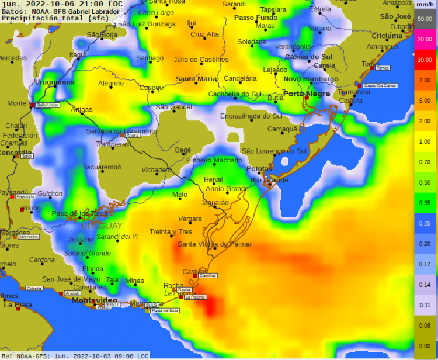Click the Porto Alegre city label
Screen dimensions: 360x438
click(x=306, y=94)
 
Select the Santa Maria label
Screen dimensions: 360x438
click(x=196, y=79)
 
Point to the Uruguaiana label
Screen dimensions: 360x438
click(x=55, y=82)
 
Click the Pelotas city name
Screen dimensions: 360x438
click(x=259, y=169)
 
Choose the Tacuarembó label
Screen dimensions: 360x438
click(x=102, y=167)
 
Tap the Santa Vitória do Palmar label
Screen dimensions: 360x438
click(x=215, y=244)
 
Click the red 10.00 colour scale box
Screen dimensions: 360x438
click(x=425, y=60)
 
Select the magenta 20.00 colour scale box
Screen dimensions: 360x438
click(x=425, y=39)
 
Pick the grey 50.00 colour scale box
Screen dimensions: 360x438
click(x=425, y=19)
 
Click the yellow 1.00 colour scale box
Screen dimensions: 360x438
click(x=425, y=141)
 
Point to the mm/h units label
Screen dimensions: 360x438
click(x=425, y=5)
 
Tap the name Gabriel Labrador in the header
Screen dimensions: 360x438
click(x=93, y=12)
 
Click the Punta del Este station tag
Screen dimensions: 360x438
click(x=164, y=310)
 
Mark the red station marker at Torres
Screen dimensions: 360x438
click(x=372, y=68)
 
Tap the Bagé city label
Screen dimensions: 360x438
click(x=183, y=150)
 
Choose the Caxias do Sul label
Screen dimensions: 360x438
click(x=308, y=57)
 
